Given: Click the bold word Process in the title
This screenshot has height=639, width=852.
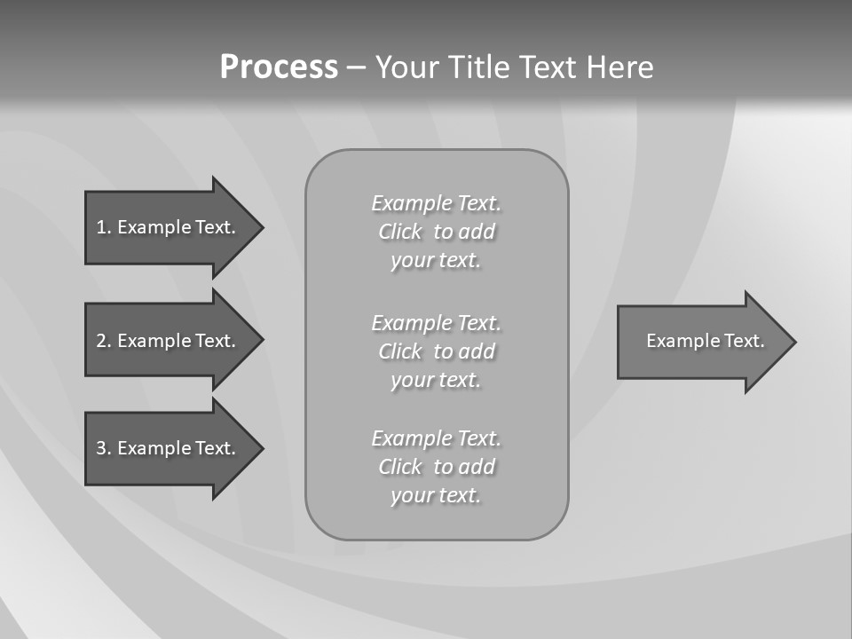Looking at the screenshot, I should [x=279, y=67].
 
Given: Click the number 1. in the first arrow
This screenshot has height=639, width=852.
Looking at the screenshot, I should [x=103, y=227].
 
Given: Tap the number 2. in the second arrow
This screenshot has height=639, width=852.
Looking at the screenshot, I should [x=103, y=341].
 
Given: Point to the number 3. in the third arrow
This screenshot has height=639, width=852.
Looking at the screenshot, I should [x=103, y=448].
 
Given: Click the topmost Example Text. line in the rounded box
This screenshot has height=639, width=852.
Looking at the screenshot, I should [x=436, y=203].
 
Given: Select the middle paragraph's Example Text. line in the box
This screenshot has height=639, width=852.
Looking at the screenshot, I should [x=436, y=322].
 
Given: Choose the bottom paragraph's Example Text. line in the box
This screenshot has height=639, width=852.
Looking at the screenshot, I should [x=436, y=438].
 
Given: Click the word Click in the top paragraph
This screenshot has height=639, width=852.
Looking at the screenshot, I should [x=399, y=232].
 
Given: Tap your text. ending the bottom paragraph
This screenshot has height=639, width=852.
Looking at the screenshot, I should [x=436, y=495].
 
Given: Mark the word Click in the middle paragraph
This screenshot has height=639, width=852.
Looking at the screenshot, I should [x=399, y=351].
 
